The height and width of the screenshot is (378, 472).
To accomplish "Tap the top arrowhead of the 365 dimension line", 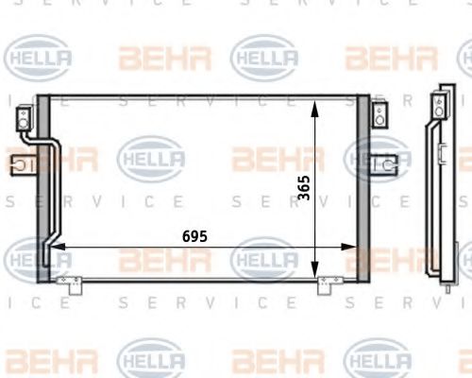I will [x=315, y=102].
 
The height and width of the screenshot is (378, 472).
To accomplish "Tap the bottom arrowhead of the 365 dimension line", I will [x=315, y=273].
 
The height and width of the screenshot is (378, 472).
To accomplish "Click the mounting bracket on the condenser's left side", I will [x=19, y=169].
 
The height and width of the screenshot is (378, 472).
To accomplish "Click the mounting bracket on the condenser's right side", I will [x=384, y=164].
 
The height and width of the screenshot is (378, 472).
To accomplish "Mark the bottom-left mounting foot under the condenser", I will [x=66, y=281].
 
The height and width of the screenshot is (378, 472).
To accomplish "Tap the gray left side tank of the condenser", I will [x=42, y=189].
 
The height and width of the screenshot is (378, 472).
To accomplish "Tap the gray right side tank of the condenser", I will [x=362, y=189].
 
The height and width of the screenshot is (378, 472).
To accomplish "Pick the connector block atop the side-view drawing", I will [x=440, y=99].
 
